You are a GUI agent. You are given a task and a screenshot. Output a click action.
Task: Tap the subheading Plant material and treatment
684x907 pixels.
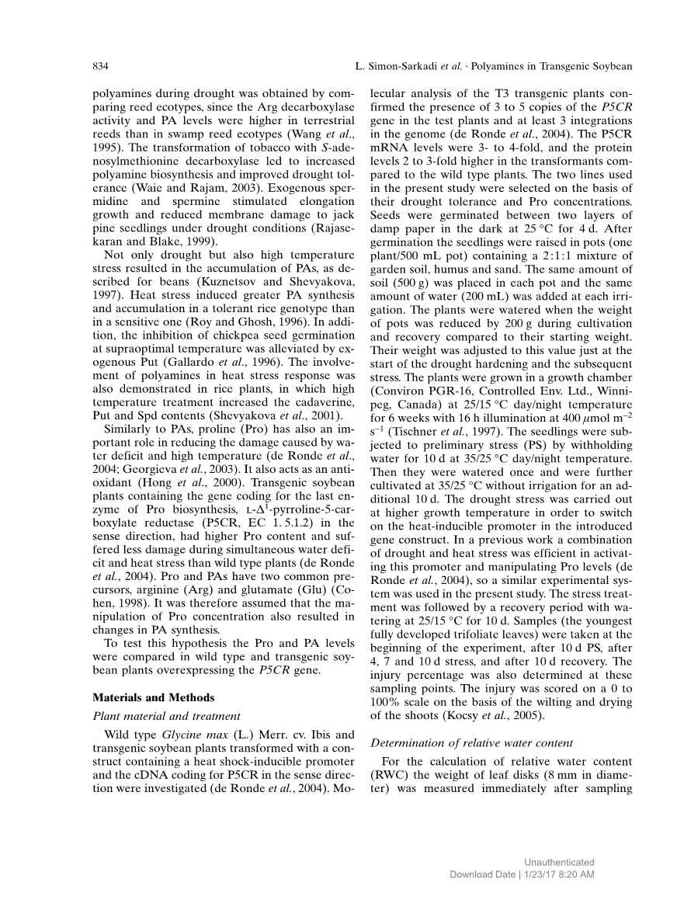(x=166, y=716)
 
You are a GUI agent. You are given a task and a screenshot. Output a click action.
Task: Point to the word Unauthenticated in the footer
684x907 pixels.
(x=559, y=863)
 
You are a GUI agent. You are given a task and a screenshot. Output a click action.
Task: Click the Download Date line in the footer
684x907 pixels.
(x=523, y=875)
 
